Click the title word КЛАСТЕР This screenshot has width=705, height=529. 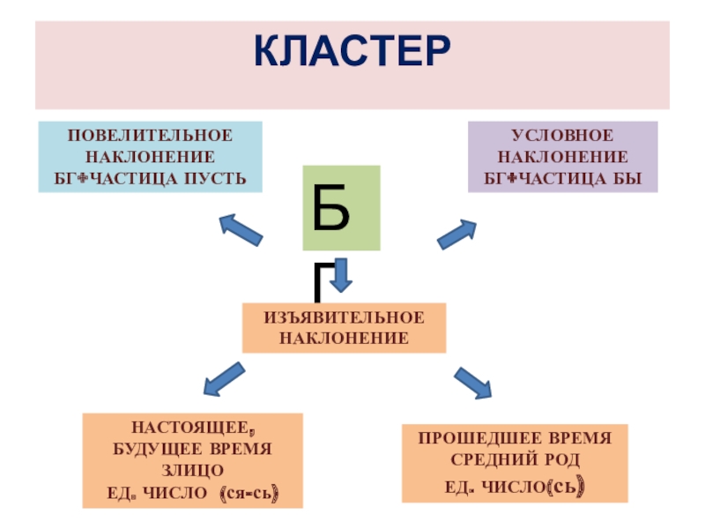[352, 52]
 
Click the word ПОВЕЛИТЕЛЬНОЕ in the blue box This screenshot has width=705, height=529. [151, 136]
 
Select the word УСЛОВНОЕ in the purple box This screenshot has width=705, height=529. [562, 136]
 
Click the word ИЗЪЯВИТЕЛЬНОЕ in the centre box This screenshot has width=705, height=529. [344, 317]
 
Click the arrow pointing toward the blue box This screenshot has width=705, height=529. [241, 228]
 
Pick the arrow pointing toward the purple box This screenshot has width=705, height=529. [456, 234]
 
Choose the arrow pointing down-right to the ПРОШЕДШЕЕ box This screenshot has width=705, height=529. [472, 382]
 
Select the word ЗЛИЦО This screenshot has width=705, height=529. [192, 472]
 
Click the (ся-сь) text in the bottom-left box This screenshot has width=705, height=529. [250, 495]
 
